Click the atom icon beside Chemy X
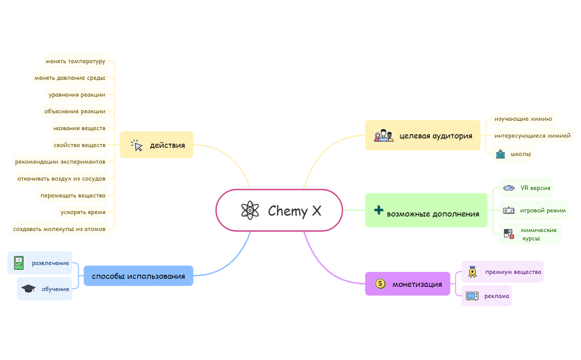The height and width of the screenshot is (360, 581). click(x=250, y=210)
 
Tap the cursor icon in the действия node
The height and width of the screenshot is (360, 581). click(x=137, y=145)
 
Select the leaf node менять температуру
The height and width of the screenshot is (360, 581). click(x=75, y=61)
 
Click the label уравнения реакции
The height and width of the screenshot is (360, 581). click(x=76, y=95)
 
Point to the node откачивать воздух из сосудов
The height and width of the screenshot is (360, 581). click(x=61, y=178)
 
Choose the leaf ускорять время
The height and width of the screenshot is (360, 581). click(x=83, y=212)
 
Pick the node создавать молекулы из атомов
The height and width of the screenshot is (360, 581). click(x=59, y=229)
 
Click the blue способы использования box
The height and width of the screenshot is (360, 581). click(x=138, y=276)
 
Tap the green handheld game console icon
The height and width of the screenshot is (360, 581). click(x=18, y=263)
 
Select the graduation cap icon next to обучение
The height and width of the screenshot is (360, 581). click(x=28, y=289)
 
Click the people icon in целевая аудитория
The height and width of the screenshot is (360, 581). click(x=383, y=136)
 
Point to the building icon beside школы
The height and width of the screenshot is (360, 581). click(x=500, y=154)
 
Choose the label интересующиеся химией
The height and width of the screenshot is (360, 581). click(x=532, y=136)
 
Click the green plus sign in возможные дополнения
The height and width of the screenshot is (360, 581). click(x=379, y=210)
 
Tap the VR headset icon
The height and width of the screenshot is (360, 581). click(x=509, y=188)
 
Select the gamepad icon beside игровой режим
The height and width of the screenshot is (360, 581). click(x=508, y=210)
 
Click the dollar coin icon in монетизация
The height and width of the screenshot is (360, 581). click(x=380, y=284)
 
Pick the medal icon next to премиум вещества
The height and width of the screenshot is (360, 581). click(x=472, y=272)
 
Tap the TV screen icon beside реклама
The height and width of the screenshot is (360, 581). click(x=472, y=296)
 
